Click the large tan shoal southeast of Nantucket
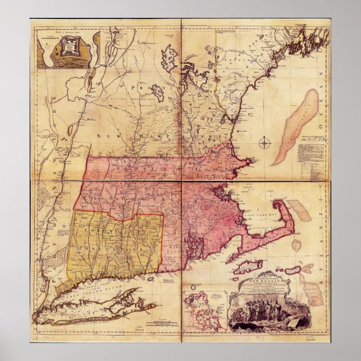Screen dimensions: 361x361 312,291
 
